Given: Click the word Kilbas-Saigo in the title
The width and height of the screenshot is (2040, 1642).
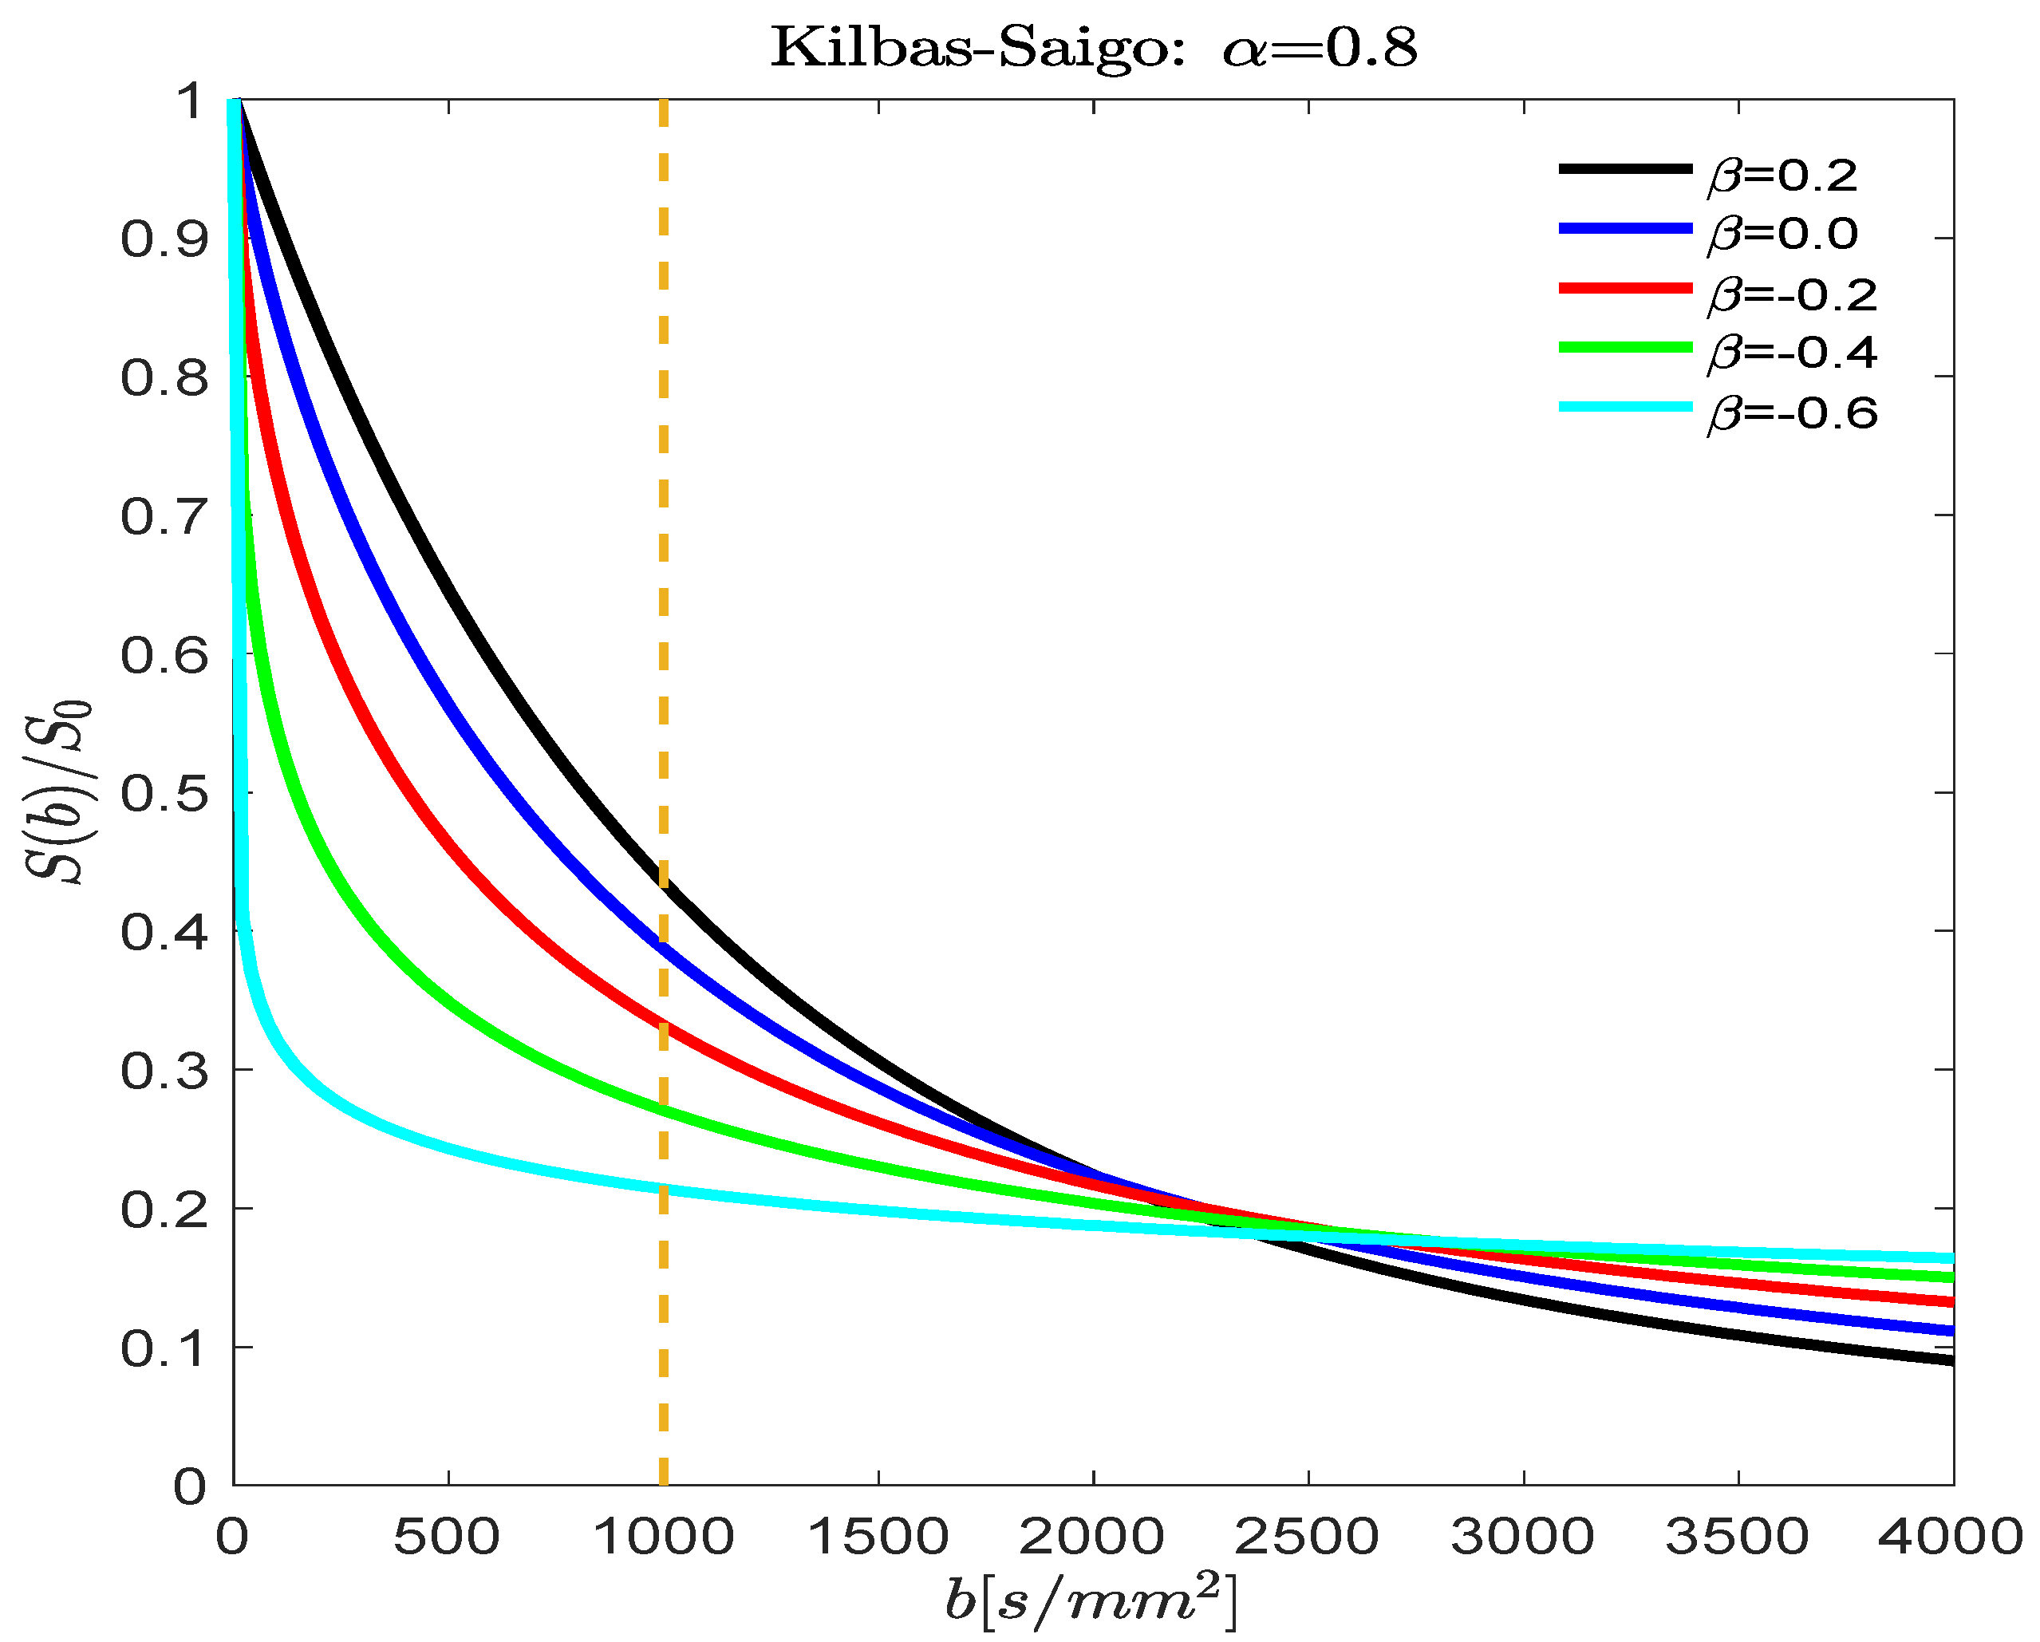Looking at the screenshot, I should (977, 47).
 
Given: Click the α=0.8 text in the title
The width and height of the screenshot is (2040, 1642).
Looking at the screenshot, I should (1320, 47).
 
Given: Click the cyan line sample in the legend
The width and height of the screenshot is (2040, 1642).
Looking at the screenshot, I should (1624, 406).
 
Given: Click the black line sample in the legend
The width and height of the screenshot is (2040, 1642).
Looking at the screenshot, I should (1624, 168).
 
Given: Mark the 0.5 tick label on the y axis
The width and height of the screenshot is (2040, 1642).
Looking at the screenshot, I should (163, 793).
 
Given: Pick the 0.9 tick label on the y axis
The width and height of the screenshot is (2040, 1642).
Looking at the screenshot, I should (163, 239).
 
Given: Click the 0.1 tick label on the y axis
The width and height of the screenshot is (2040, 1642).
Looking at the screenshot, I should (163, 1348).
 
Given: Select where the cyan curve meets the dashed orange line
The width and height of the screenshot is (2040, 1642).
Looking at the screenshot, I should (663, 1189).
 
